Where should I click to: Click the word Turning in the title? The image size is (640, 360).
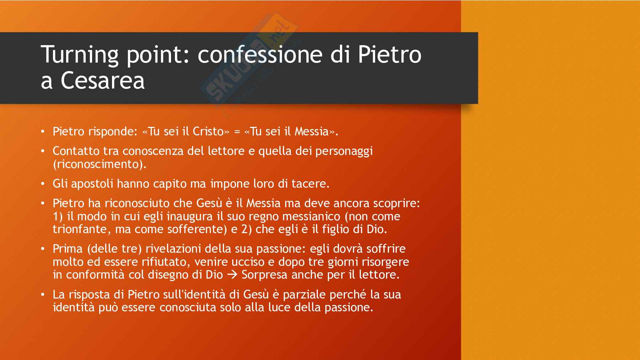pos(80,55)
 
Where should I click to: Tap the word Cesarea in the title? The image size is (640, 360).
pos(103,80)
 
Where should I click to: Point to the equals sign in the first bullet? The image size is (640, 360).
pos(237,132)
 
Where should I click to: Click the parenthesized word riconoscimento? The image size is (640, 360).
pos(100,164)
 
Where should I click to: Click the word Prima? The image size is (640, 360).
pos(68,249)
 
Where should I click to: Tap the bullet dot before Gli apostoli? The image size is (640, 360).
pos(43,184)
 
